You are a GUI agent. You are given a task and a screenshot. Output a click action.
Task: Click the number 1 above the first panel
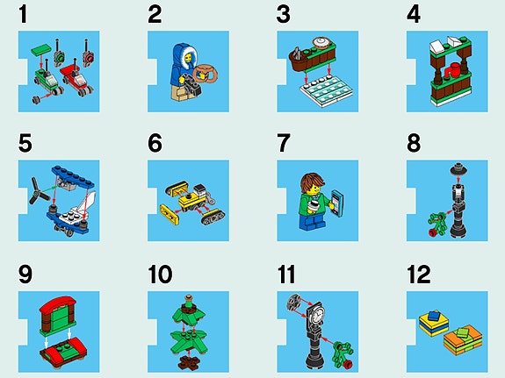(23, 15)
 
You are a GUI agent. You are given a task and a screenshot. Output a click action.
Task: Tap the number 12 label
(419, 275)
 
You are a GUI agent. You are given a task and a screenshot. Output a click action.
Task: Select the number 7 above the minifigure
(284, 143)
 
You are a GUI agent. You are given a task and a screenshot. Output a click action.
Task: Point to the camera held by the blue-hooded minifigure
(192, 84)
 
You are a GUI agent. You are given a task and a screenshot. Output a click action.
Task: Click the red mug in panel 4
(452, 70)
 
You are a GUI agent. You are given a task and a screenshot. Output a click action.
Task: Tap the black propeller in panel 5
(39, 190)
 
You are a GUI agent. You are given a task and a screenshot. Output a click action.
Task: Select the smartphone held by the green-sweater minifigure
(337, 203)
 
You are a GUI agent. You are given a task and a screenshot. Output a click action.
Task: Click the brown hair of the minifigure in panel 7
(312, 182)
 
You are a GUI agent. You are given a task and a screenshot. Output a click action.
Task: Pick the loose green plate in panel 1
(41, 50)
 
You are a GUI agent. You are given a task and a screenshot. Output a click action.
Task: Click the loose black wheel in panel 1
(36, 100)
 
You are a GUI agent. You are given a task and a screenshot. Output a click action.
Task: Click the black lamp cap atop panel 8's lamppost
(458, 169)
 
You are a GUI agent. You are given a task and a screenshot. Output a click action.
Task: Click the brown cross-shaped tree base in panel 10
(189, 363)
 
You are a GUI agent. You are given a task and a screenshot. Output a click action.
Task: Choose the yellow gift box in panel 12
(434, 323)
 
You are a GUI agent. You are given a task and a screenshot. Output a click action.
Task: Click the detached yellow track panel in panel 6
(170, 214)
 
